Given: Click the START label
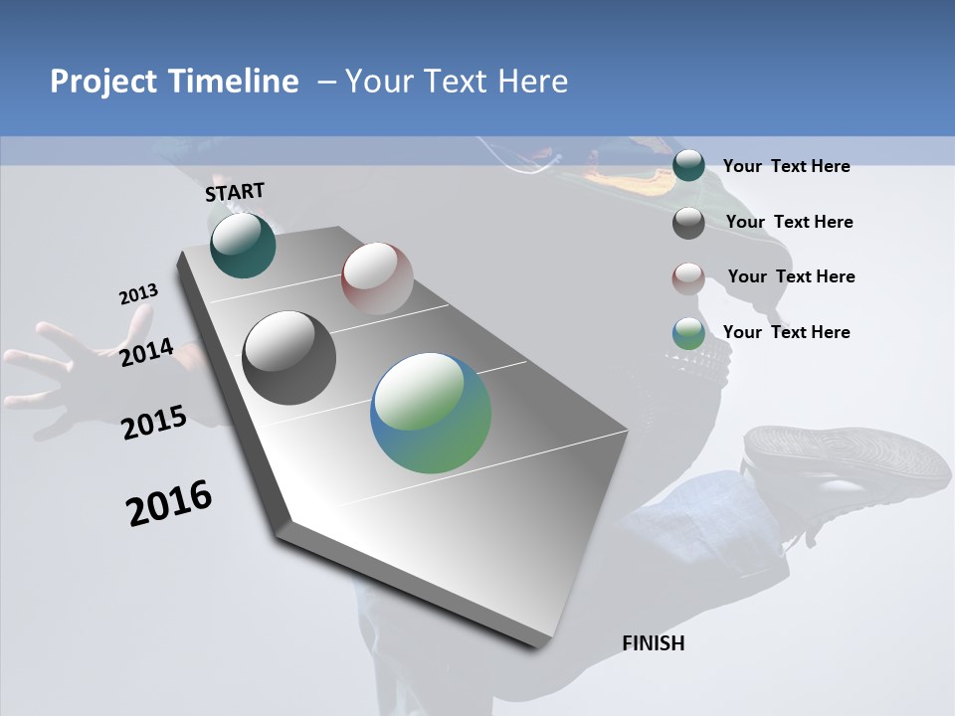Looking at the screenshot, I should pos(235,192).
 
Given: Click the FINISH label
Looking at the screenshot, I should pos(653,643).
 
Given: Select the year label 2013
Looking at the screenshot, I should pos(138,294).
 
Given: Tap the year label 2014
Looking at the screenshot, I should pos(146,352).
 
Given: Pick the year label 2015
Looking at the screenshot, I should pos(153,423).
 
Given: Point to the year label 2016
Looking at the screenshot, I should pos(169,502).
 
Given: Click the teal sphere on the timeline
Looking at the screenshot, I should pos(243,246).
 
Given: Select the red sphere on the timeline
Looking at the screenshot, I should pos(377,277).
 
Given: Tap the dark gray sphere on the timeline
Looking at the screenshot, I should pos(288,358).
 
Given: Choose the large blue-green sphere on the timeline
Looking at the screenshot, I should pos(431,413).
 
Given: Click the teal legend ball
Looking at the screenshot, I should pos(688,165).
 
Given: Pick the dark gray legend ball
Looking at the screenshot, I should pos(688,222).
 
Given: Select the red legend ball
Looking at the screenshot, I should pos(688,277).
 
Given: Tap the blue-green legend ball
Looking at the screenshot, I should pos(688,333).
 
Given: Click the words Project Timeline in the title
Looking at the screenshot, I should pos(174,82).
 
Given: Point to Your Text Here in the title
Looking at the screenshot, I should pos(457,82).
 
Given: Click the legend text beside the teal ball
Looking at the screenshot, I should pos(786,166).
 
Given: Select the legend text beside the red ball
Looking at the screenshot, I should pos(791,276).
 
